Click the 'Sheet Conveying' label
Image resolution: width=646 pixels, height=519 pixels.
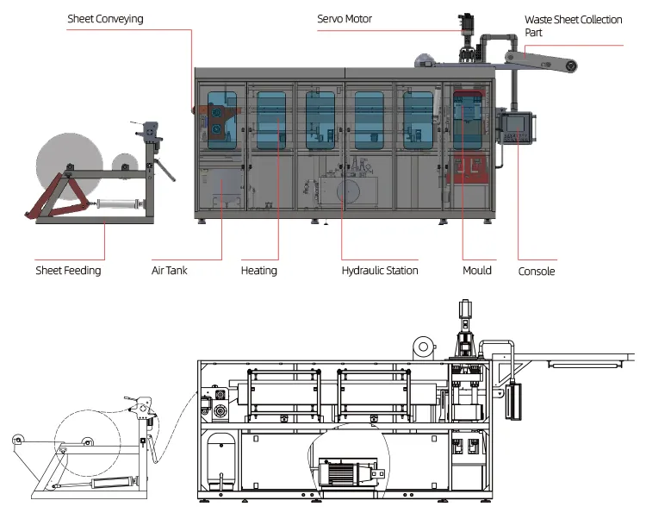(105, 19)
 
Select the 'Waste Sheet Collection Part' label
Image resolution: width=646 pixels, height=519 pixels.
(573, 26)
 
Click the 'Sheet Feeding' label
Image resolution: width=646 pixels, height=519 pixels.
(68, 271)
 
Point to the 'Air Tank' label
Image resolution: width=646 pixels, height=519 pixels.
(170, 271)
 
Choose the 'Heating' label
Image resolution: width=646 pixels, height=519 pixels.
(258, 271)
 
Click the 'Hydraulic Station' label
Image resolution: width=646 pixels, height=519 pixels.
(380, 271)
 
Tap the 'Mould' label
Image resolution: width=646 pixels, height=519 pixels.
(477, 271)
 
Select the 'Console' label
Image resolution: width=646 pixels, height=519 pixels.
(537, 272)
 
